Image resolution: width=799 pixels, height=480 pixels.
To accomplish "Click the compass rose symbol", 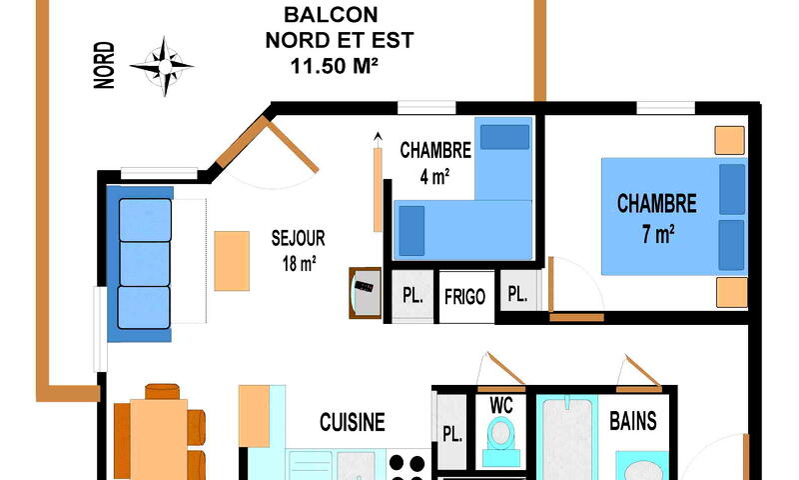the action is coord(163,66).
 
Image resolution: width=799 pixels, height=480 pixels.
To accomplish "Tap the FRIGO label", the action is coord(464,296).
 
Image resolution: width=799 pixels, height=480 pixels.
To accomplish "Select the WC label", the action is coord(501,406).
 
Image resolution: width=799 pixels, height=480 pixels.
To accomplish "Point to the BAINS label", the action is coord(633,421).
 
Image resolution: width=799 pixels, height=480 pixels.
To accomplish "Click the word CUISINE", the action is coord(353,422).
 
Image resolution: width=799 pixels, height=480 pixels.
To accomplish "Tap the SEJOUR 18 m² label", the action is coord(299,250).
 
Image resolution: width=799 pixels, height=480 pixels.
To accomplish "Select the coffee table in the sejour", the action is coord(232,261).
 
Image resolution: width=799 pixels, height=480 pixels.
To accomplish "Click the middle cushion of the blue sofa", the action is coord(145,264).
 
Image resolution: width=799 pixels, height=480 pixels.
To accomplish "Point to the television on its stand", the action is coord(366,293).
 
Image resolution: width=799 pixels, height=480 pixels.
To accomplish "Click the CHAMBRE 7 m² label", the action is coord(657,218).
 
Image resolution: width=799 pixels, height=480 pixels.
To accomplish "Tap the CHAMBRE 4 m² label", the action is coord(435,163).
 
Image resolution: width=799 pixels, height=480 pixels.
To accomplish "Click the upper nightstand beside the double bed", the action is coord(730,140).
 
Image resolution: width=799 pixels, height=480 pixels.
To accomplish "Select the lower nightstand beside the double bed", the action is coord(732,292).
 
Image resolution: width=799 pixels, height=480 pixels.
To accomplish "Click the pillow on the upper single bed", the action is coord(504,137).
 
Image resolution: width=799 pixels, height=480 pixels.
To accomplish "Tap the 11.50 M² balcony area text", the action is coord(335,66).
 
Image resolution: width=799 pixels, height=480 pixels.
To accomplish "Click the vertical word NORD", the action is coord(105,65).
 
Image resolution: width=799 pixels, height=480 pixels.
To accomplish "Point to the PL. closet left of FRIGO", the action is coord(412,296).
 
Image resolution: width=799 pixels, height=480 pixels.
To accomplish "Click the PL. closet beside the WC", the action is coord(451,432).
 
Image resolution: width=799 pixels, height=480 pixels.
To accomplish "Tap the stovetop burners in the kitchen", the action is coord(407,465).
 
